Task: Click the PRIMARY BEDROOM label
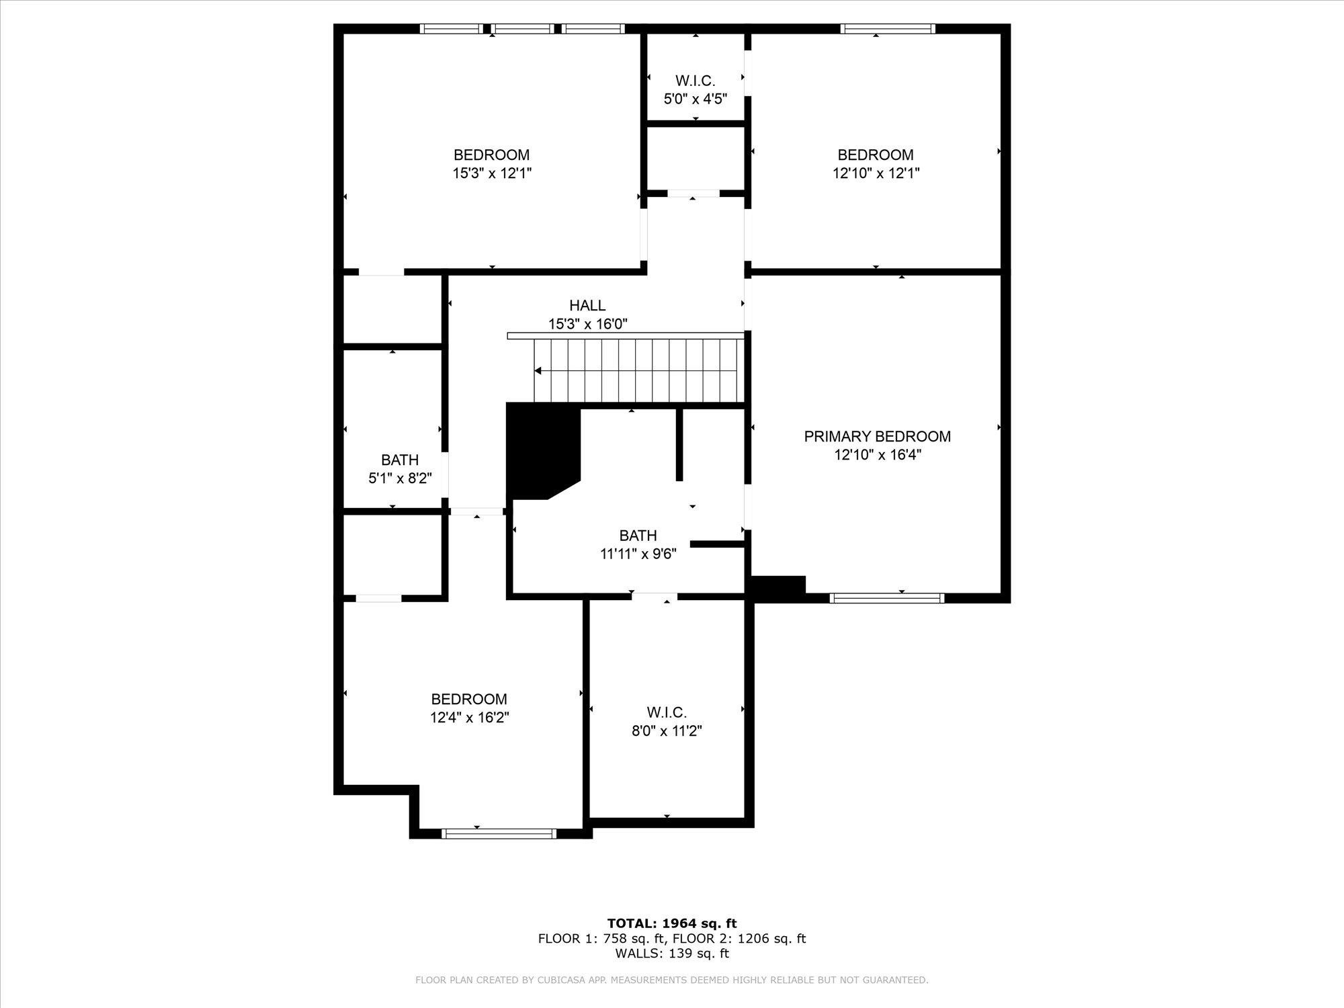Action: (877, 437)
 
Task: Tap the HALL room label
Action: (587, 306)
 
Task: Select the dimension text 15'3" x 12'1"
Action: (492, 173)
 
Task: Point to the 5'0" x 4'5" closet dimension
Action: (696, 99)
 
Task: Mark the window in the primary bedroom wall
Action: (887, 597)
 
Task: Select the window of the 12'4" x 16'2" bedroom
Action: (499, 833)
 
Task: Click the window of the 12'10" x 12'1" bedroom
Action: (888, 28)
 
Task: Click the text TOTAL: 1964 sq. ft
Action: (672, 923)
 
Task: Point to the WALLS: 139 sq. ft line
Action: (672, 953)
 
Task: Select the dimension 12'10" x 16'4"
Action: (877, 455)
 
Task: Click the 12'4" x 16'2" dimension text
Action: (470, 718)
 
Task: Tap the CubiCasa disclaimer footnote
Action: (672, 980)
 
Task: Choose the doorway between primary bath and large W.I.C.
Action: (655, 597)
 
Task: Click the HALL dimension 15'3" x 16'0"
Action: (588, 324)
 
